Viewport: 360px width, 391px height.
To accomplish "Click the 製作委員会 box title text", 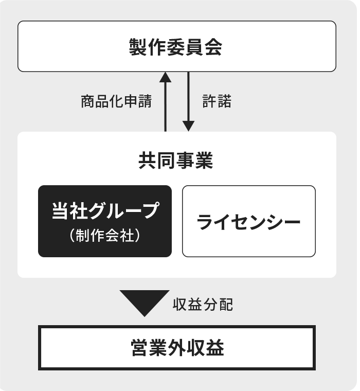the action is click(x=175, y=47).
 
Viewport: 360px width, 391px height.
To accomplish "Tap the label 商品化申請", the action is click(x=116, y=101).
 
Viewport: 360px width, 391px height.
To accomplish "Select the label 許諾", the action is click(x=217, y=101).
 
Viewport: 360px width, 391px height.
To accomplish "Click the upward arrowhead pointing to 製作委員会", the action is click(x=165, y=77).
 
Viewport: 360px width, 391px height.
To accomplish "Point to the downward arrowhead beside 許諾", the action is click(x=188, y=126).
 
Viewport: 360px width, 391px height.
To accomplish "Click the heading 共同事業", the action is click(x=176, y=161).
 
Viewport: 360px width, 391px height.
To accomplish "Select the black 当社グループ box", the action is click(x=105, y=221).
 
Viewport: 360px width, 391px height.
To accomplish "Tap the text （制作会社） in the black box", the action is click(x=105, y=236).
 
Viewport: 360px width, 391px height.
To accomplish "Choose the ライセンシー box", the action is click(x=249, y=221).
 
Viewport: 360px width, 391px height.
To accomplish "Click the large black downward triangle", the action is click(x=145, y=300).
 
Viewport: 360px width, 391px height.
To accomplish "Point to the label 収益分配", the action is click(x=203, y=305).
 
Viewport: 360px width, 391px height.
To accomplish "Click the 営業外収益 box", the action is click(x=177, y=348).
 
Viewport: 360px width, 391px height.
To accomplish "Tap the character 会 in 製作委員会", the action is click(x=213, y=47).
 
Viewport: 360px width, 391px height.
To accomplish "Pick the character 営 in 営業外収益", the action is click(x=139, y=348).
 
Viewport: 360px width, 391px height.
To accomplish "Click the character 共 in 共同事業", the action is click(x=148, y=161).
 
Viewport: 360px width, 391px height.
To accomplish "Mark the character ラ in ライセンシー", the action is click(x=205, y=222).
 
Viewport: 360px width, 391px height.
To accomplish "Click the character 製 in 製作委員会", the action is click(x=138, y=47).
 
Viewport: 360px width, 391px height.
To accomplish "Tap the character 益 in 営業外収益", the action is click(x=215, y=348).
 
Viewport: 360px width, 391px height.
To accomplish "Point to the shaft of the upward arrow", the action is click(x=165, y=106).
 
